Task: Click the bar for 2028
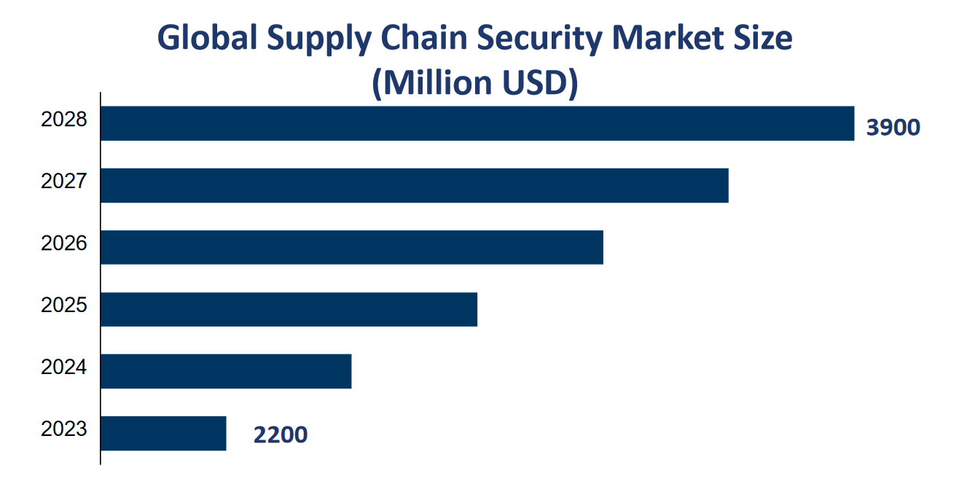(x=477, y=123)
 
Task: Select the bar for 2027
(x=414, y=185)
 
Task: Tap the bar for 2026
(x=351, y=247)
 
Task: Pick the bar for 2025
(x=289, y=309)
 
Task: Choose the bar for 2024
(x=226, y=371)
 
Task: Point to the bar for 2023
(x=163, y=433)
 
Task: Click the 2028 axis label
(x=64, y=120)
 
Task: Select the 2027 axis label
(x=64, y=182)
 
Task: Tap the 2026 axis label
(x=64, y=243)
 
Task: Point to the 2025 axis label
(x=64, y=305)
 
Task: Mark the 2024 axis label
(x=64, y=367)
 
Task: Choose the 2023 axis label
(x=64, y=429)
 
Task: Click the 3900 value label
(x=893, y=128)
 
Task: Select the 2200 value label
(x=281, y=435)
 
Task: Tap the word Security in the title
(x=530, y=39)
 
